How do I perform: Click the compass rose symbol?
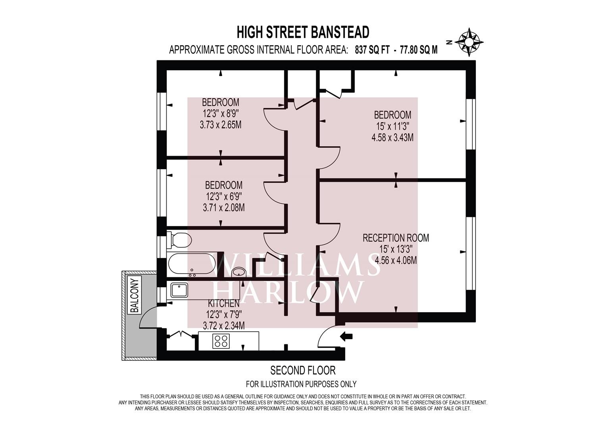(469, 43)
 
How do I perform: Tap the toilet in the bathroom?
(179, 240)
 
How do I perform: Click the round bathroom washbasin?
(239, 272)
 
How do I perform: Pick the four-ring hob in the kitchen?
(221, 341)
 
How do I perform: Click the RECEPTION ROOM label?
(396, 238)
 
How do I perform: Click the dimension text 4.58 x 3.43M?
(392, 137)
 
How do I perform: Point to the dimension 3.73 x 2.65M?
(221, 125)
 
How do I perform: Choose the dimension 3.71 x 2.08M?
(224, 208)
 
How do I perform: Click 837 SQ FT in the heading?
(372, 50)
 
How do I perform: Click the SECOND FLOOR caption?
(303, 370)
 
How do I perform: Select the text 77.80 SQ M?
(419, 50)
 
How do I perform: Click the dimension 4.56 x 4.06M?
(396, 260)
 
